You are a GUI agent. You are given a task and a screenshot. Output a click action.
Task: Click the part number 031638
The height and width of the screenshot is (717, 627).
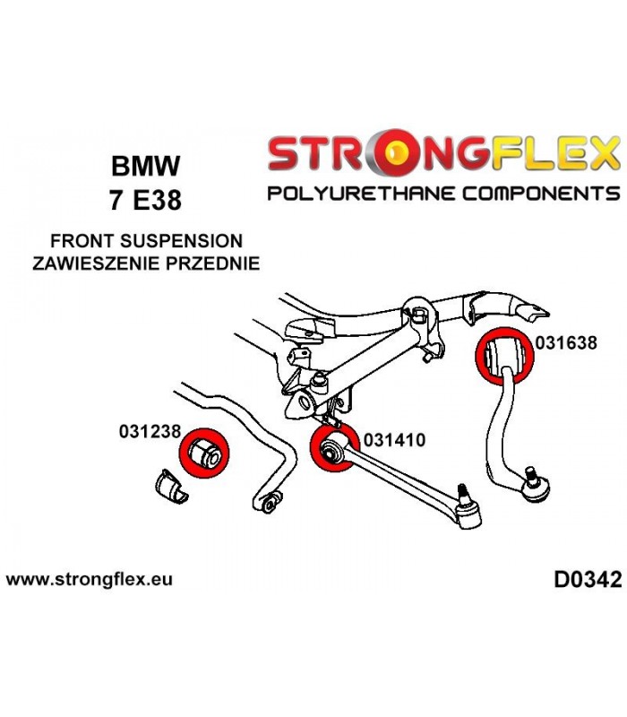tap(566, 342)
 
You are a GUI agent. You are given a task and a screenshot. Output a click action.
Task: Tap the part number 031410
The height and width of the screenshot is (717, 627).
tap(394, 440)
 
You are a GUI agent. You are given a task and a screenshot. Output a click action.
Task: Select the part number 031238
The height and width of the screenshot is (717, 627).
tap(150, 431)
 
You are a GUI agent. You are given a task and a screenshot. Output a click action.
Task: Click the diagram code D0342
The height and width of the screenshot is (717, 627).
tap(588, 580)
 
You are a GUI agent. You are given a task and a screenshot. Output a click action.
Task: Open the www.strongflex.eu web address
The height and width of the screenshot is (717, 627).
tap(89, 579)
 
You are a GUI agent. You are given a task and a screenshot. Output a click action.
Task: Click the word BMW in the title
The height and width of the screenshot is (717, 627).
tap(146, 166)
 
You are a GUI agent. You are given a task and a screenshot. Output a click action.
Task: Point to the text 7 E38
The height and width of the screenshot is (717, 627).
tap(145, 200)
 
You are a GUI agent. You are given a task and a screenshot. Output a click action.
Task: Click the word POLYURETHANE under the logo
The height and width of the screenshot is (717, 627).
tap(361, 194)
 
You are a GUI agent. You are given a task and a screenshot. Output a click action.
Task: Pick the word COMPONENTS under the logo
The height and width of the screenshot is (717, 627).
tap(541, 194)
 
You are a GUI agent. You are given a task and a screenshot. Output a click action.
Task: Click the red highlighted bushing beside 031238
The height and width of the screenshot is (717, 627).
tap(204, 454)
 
